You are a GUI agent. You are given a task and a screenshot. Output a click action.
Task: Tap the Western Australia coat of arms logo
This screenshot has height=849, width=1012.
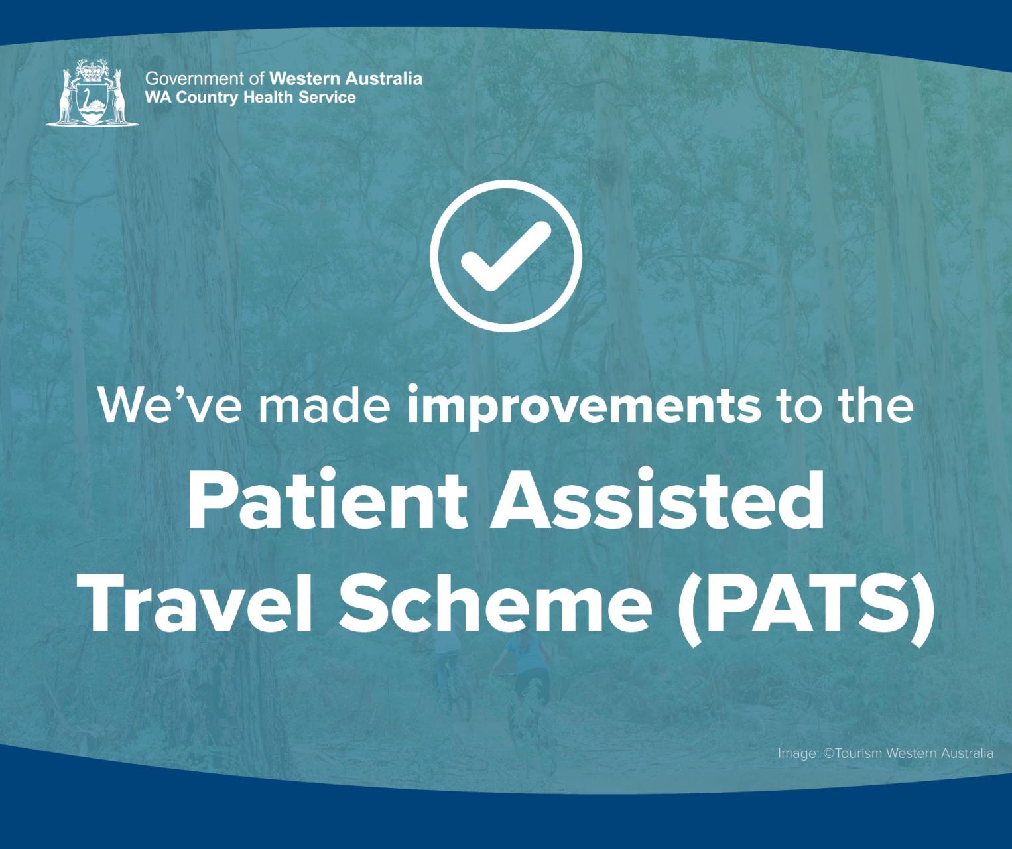click(92, 92)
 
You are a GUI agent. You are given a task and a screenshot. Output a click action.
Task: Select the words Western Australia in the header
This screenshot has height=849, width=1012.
click(346, 78)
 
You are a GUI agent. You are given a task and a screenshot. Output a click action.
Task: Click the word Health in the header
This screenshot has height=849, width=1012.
click(268, 97)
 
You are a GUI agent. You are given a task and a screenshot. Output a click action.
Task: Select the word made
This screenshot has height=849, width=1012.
click(324, 403)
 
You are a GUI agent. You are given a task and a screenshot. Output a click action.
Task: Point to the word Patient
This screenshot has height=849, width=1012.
click(328, 499)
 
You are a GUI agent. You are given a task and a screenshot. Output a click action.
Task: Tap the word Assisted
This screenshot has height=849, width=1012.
click(657, 499)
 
